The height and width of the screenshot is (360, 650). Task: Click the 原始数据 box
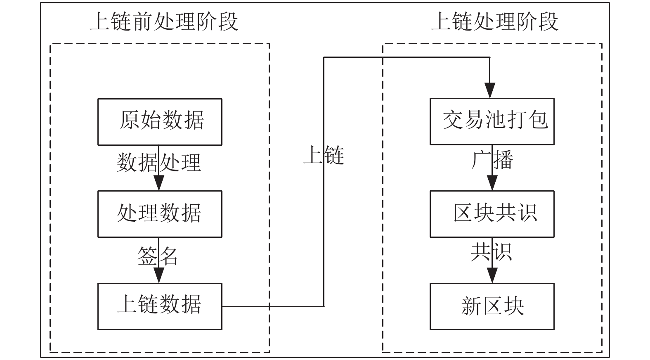coord(160,122)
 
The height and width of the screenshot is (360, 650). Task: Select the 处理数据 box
coord(160,214)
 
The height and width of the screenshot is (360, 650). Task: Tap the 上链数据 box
coord(160,307)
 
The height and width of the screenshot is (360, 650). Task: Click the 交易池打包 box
coord(492,122)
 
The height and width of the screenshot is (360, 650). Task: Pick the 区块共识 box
coord(492,214)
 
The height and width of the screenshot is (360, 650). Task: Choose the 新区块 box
coord(492,307)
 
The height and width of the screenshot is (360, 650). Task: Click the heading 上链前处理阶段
coord(164,21)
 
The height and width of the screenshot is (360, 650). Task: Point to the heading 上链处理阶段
coord(495,21)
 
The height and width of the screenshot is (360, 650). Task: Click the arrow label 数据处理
coord(159,162)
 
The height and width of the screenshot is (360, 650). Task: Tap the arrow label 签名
coord(157,256)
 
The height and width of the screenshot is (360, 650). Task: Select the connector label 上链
coord(324,155)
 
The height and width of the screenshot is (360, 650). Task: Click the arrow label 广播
coord(492,160)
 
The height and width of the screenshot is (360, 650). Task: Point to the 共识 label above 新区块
coord(491,252)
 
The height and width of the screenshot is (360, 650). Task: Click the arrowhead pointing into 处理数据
coord(159,183)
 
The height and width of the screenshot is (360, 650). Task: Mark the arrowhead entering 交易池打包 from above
coord(490,90)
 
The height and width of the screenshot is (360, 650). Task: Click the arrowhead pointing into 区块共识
coord(492,183)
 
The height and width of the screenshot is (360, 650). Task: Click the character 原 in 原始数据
coord(129,120)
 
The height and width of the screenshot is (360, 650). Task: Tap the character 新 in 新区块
coord(471,306)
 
